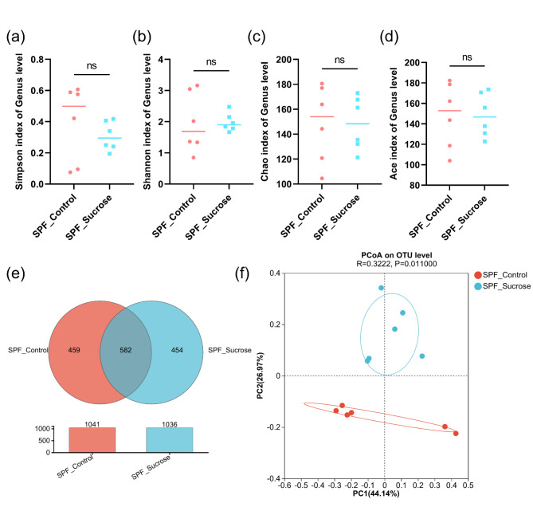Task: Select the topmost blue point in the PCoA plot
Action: coord(382,288)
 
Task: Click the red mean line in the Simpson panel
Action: coord(74,106)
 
